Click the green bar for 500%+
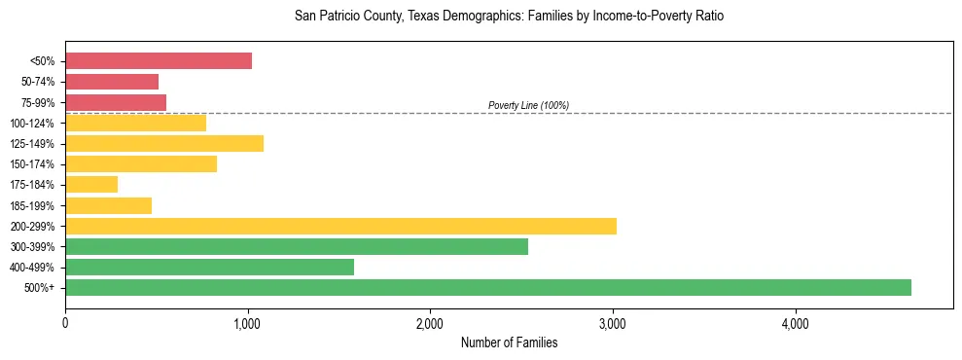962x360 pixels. pyautogui.click(x=487, y=287)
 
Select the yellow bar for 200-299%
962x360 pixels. pyautogui.click(x=340, y=226)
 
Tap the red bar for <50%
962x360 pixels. pyautogui.click(x=159, y=60)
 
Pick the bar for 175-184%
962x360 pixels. pyautogui.click(x=91, y=184)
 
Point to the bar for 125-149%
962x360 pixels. pyautogui.click(x=164, y=143)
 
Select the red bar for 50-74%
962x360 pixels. pyautogui.click(x=112, y=81)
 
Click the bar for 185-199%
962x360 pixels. pyautogui.click(x=108, y=205)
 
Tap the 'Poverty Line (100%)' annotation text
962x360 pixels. pyautogui.click(x=528, y=105)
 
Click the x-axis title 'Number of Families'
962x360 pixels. pyautogui.click(x=509, y=342)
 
